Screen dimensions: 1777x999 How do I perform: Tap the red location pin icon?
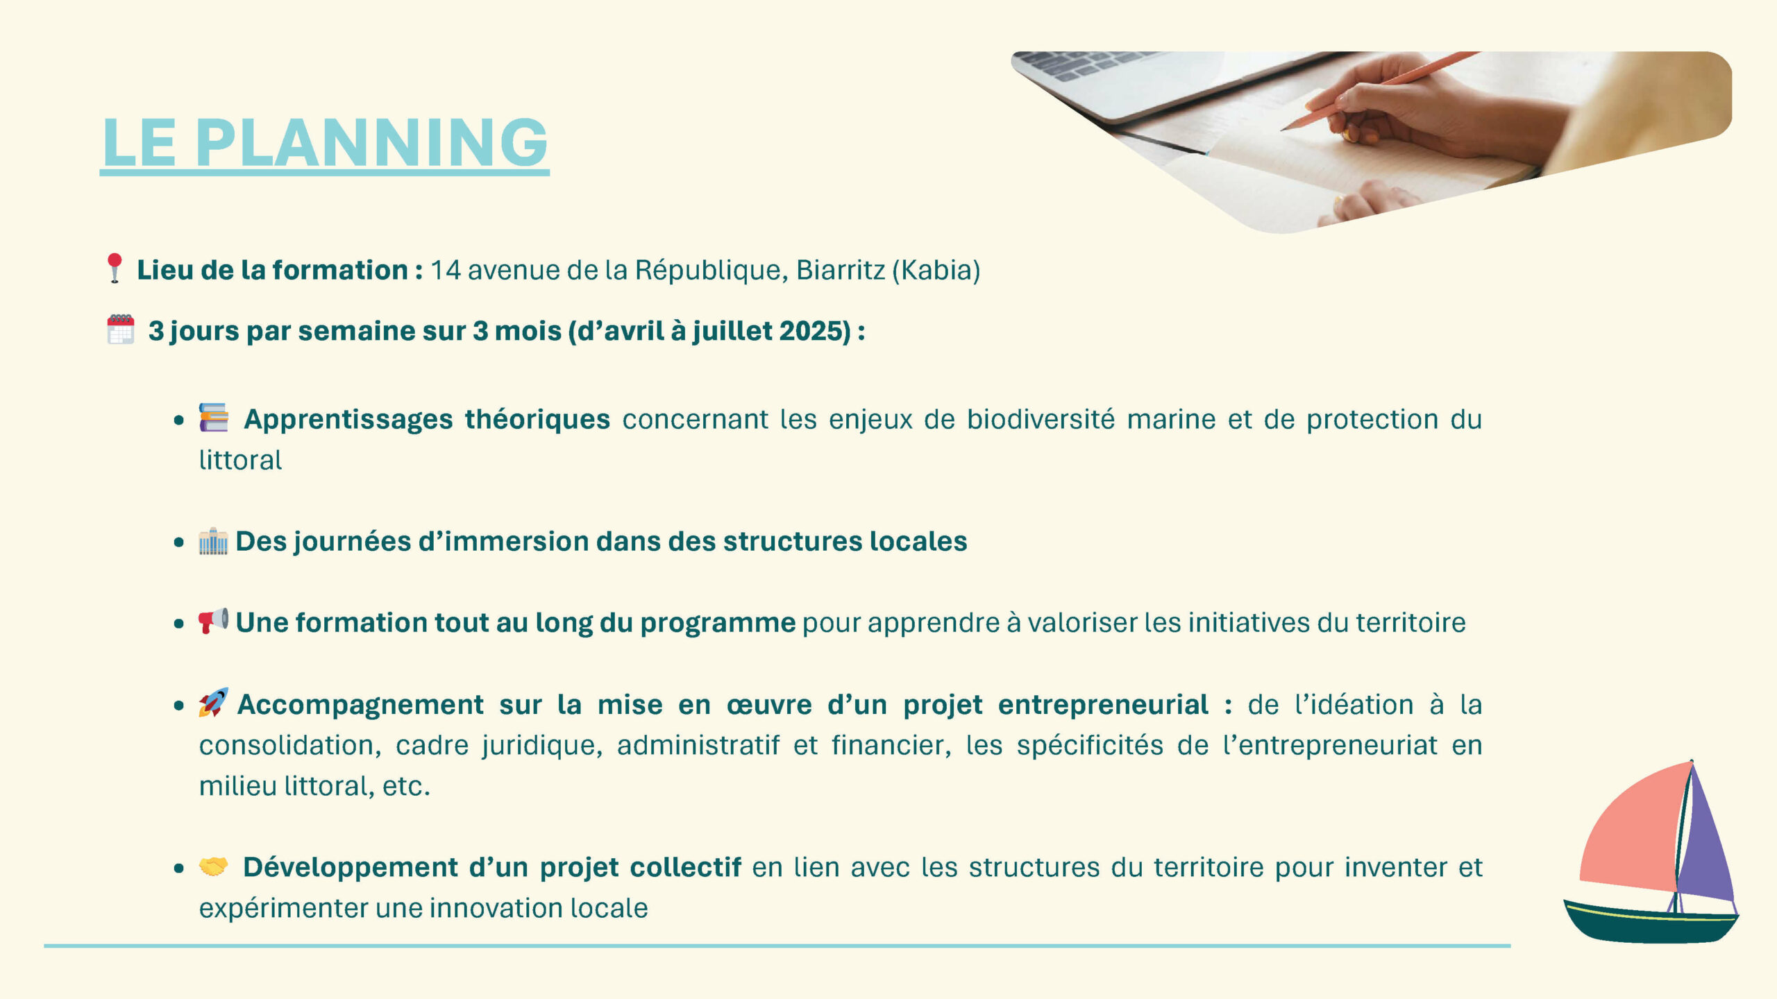115,268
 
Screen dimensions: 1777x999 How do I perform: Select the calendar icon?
121,329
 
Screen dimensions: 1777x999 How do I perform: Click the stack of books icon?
214,417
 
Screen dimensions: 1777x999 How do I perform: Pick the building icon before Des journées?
213,541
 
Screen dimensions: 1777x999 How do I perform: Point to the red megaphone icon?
213,621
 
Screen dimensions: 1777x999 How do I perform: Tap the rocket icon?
213,702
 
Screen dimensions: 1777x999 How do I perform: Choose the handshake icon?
213,866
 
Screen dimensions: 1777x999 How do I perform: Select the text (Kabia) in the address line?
936,270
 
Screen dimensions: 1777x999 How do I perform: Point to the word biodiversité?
1041,419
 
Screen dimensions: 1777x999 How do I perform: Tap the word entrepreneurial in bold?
1103,705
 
